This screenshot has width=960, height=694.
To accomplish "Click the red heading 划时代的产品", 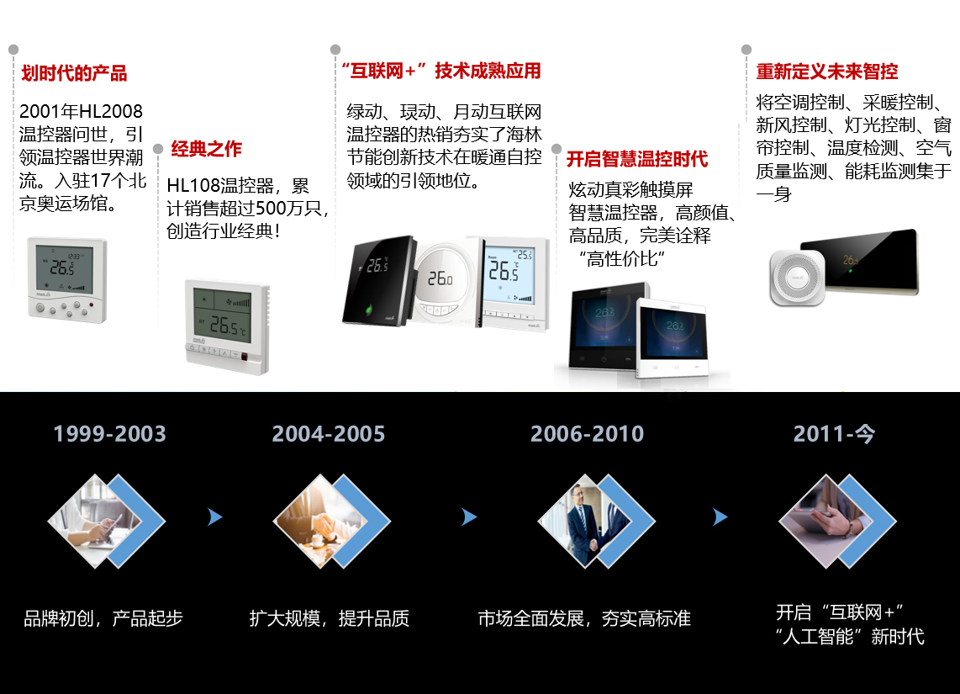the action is pyautogui.click(x=74, y=73).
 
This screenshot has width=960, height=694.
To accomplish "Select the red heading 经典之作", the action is pyautogui.click(x=206, y=149).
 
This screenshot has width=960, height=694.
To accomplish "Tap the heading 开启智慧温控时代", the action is pyautogui.click(x=636, y=159).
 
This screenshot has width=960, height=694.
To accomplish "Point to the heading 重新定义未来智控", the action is pyautogui.click(x=826, y=72).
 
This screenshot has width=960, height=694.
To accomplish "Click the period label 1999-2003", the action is pyautogui.click(x=109, y=434).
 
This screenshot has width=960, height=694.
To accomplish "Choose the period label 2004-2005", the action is pyautogui.click(x=329, y=434).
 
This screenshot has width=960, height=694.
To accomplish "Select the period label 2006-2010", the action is pyautogui.click(x=587, y=434).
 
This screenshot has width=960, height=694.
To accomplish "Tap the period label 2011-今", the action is pyautogui.click(x=834, y=434).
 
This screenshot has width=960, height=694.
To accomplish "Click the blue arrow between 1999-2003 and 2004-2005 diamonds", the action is pyautogui.click(x=214, y=517).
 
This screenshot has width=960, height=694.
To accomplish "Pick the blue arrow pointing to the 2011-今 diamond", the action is pyautogui.click(x=720, y=517).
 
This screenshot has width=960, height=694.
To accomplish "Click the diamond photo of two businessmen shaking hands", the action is pyautogui.click(x=585, y=522).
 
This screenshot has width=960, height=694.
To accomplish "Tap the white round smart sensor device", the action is pyautogui.click(x=797, y=278).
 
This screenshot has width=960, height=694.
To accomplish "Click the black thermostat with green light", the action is pyautogui.click(x=378, y=280).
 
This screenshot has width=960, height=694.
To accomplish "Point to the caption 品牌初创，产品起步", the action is pyautogui.click(x=103, y=618).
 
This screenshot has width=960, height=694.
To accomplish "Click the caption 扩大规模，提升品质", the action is pyautogui.click(x=329, y=618).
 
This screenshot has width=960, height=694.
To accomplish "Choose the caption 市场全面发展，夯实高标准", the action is pyautogui.click(x=584, y=618).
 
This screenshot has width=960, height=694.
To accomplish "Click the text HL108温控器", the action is pyautogui.click(x=220, y=185).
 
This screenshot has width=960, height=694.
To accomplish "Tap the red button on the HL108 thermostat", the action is pyautogui.click(x=245, y=357).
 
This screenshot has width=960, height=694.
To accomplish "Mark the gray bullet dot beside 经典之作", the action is pyautogui.click(x=158, y=149).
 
